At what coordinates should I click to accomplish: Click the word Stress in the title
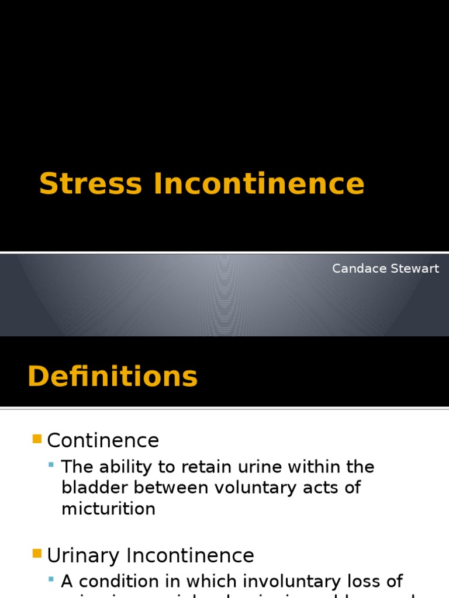coord(90,183)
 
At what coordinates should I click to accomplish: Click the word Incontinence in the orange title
coord(259,183)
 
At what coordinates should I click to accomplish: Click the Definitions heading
coord(113,376)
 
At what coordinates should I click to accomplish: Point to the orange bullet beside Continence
coord(37,439)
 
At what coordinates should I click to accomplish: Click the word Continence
coord(103,440)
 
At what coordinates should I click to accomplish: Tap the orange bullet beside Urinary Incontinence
coord(37,553)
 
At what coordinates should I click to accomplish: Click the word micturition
coord(109,509)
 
